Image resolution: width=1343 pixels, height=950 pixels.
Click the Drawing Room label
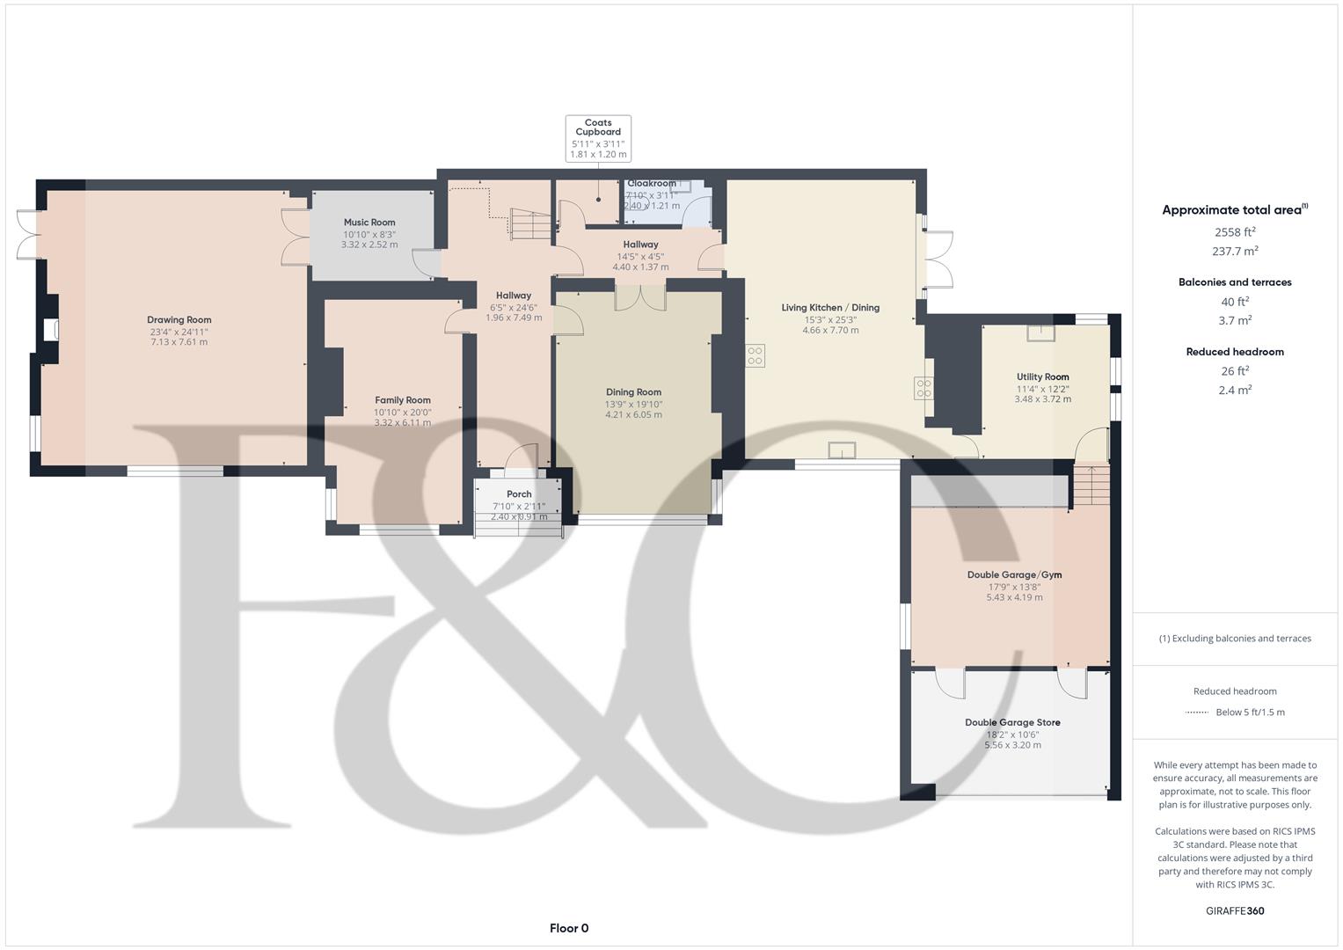179,320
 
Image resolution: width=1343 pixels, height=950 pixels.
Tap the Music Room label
369,223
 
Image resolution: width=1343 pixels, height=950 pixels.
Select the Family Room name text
403,400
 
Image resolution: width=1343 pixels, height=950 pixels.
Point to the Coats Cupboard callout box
598,138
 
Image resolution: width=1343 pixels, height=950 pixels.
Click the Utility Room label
1043,377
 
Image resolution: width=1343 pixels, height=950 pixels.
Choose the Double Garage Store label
1012,723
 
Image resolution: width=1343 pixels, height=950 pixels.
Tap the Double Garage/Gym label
1014,575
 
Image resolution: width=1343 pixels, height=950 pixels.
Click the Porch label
519,494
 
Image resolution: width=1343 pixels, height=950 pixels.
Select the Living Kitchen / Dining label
830,308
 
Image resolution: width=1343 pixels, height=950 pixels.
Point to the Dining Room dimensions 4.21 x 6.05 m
633,415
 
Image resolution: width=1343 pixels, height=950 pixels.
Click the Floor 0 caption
569,928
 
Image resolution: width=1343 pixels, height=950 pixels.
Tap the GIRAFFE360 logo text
1235,911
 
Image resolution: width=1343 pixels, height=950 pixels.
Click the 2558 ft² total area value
1235,232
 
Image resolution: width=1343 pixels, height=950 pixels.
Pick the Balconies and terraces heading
1235,282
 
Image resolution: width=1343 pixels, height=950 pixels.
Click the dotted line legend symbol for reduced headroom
1197,712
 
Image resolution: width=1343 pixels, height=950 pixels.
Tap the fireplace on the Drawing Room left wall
50,330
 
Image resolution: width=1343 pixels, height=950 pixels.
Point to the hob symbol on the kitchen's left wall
755,355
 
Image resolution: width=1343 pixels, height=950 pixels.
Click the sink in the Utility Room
1041,332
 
